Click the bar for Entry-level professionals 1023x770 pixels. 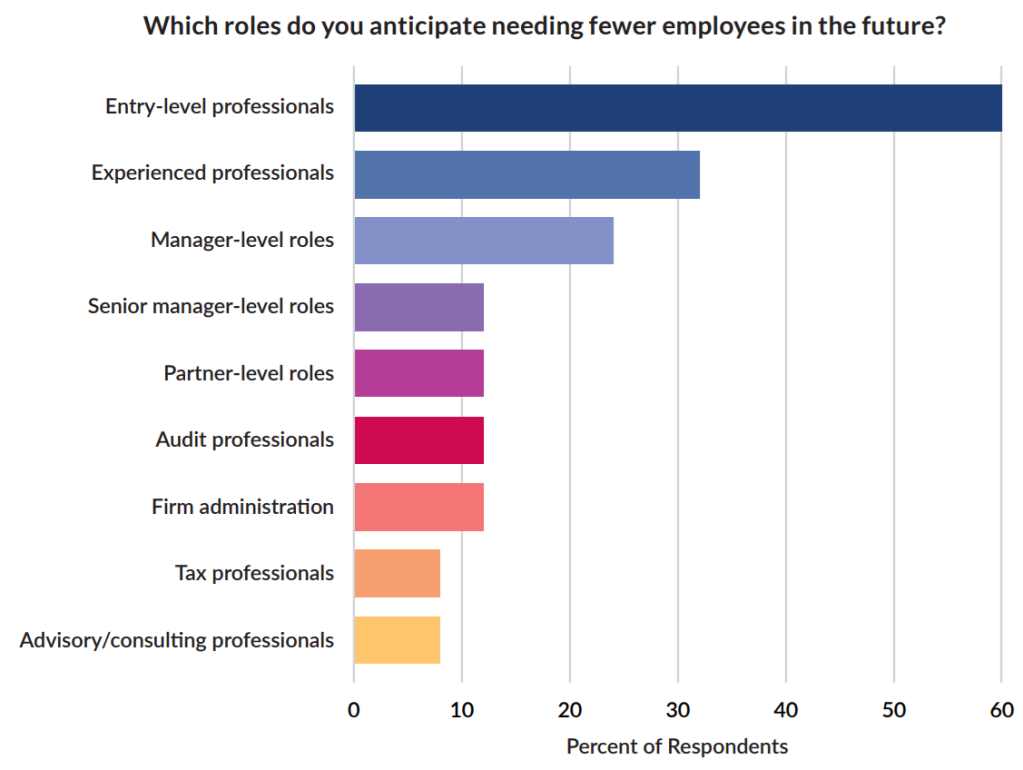[x=678, y=108]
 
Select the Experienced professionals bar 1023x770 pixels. [x=527, y=174]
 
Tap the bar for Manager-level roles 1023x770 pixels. [x=484, y=240]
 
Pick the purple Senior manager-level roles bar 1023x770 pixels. [x=419, y=307]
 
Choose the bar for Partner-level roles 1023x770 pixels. [x=419, y=373]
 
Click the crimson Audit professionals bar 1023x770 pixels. [x=419, y=440]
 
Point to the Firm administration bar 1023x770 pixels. [x=419, y=506]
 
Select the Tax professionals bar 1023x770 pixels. [x=397, y=573]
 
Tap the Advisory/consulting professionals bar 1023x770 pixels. [x=397, y=640]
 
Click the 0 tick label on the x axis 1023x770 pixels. [x=354, y=710]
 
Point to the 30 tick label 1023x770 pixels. [x=678, y=710]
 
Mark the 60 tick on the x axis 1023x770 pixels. [x=1001, y=710]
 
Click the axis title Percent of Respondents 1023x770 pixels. [x=677, y=747]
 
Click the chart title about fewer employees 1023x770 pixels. [x=545, y=26]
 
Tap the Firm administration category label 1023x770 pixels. [x=243, y=507]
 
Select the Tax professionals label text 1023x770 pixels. [x=254, y=573]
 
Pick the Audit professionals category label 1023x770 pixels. [x=245, y=440]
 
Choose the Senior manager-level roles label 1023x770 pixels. [x=211, y=307]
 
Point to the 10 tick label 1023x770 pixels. [x=462, y=710]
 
